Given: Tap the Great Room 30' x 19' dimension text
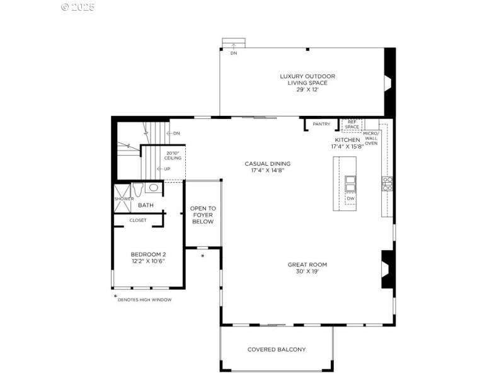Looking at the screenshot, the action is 307,272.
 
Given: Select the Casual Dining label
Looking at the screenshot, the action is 267,164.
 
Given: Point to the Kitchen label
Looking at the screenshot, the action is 348,140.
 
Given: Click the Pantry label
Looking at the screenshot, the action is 321,124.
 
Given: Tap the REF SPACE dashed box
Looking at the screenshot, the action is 352,125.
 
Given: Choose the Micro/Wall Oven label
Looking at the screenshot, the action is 371,138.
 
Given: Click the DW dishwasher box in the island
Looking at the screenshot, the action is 351,198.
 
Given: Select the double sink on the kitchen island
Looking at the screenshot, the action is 350,184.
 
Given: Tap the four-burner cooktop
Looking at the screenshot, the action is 387,183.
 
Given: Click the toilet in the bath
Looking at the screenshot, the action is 138,190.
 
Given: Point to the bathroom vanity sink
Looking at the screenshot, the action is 154,187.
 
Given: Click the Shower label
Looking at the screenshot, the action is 124,199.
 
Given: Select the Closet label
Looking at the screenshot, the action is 138,220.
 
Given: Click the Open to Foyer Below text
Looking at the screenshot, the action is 203,215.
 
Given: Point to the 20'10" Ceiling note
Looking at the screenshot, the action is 173,156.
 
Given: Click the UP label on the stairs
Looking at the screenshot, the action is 167,169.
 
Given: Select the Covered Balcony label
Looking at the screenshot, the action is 277,350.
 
